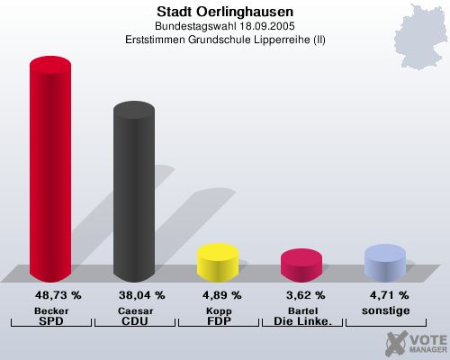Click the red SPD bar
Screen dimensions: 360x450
click(50, 171)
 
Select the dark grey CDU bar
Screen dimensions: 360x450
click(133, 193)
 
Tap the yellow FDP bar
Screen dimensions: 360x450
click(217, 262)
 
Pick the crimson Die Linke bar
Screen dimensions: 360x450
click(301, 265)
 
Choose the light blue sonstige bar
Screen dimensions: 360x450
click(384, 263)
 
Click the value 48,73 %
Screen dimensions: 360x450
click(58, 294)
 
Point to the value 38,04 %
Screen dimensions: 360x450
click(141, 294)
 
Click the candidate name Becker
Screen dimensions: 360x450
click(51, 310)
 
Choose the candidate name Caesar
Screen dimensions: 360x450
click(134, 310)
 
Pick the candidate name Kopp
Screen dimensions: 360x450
click(218, 310)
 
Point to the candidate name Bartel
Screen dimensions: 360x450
click(301, 310)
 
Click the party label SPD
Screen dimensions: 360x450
click(51, 320)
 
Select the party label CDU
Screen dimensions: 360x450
click(134, 320)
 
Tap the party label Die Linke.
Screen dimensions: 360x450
click(301, 320)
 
